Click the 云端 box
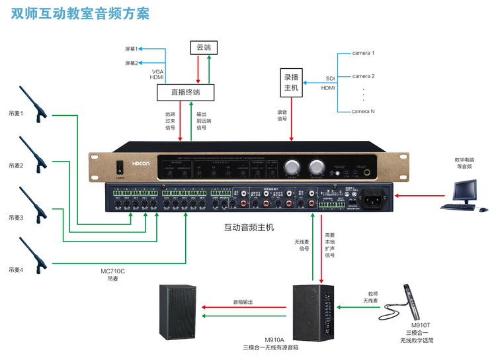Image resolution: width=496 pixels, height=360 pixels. [x=202, y=47]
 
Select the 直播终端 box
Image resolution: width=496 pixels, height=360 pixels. [x=185, y=92]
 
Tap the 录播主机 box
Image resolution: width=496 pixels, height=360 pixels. [x=291, y=82]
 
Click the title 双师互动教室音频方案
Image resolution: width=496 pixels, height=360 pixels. [x=80, y=13]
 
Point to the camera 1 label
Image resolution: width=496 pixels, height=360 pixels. [x=363, y=53]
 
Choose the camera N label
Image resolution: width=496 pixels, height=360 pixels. [x=363, y=111]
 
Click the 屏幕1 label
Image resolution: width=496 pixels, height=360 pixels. [x=131, y=49]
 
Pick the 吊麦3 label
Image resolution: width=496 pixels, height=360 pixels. [x=16, y=217]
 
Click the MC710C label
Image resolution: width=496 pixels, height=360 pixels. [x=112, y=271]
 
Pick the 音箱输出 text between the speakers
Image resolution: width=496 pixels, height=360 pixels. [x=244, y=302]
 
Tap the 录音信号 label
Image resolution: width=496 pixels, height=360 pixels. [x=282, y=116]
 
